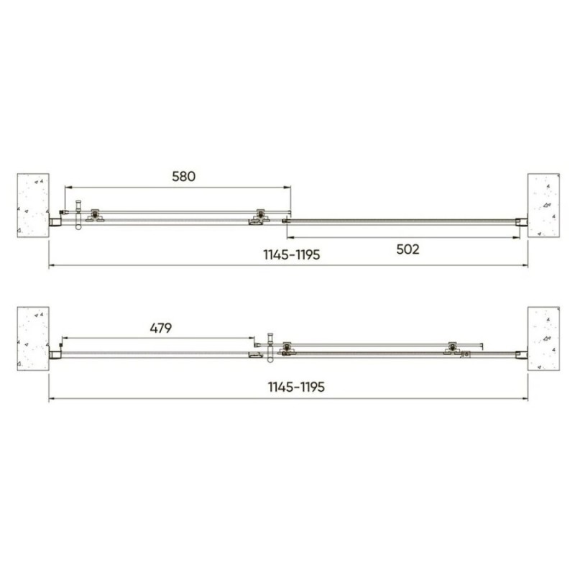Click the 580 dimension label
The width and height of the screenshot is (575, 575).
tap(184, 176)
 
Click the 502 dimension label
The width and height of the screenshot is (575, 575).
tap(408, 249)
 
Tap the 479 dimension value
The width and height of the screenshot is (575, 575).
tap(160, 328)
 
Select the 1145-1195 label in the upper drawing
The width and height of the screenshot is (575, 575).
tap(292, 254)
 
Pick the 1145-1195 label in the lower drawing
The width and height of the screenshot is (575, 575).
tap(296, 387)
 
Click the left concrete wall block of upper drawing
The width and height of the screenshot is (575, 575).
tap(33, 206)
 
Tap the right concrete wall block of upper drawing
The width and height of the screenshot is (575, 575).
tap(543, 206)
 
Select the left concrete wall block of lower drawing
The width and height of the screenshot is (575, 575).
tap(33, 339)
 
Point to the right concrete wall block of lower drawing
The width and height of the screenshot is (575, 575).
tap(543, 339)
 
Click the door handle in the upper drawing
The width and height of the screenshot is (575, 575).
tap(78, 215)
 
